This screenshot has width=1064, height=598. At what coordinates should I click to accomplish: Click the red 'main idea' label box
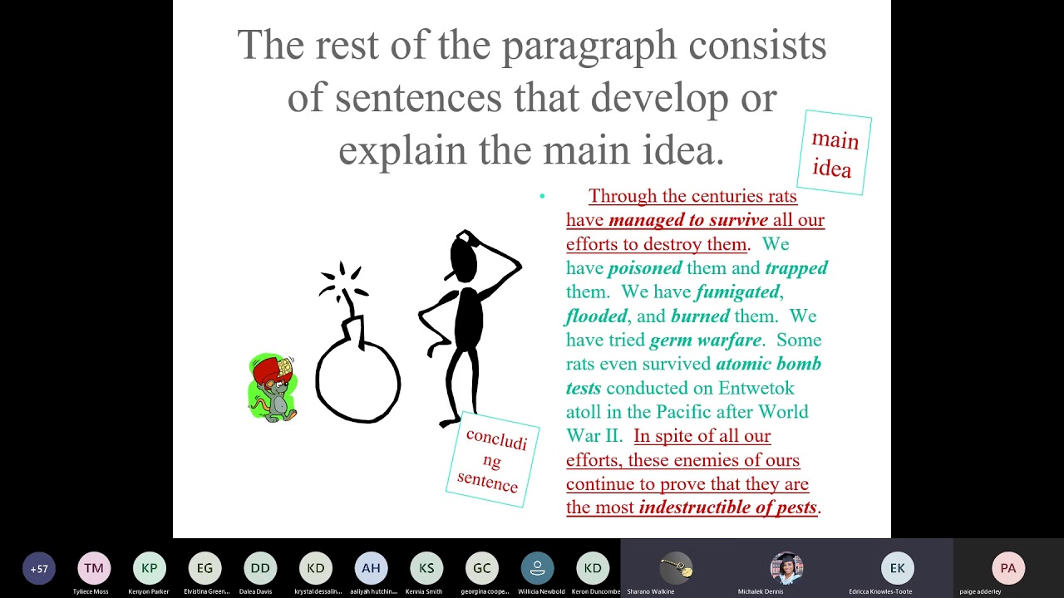834,153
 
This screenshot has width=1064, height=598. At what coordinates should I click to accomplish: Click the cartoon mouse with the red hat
273,388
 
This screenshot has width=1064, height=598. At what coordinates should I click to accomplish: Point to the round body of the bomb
358,382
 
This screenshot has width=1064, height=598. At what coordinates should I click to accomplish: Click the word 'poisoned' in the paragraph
645,268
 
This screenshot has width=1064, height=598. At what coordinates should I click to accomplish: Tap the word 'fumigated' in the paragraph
737,292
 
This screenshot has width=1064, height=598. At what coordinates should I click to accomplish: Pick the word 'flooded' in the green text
596,316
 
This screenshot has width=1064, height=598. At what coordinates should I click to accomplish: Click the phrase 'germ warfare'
706,341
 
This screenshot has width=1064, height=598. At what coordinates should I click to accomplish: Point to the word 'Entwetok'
745,389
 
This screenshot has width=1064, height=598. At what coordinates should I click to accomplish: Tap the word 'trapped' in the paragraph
796,268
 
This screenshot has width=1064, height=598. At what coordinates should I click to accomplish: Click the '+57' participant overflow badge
39,569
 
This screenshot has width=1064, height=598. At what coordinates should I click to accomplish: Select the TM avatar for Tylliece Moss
94,569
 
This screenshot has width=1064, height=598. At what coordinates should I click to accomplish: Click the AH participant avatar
371,569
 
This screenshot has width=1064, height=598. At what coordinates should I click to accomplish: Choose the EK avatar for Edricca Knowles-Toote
898,569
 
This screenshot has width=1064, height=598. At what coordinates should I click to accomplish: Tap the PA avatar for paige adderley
1008,569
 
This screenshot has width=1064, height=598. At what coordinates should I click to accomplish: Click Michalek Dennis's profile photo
786,568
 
